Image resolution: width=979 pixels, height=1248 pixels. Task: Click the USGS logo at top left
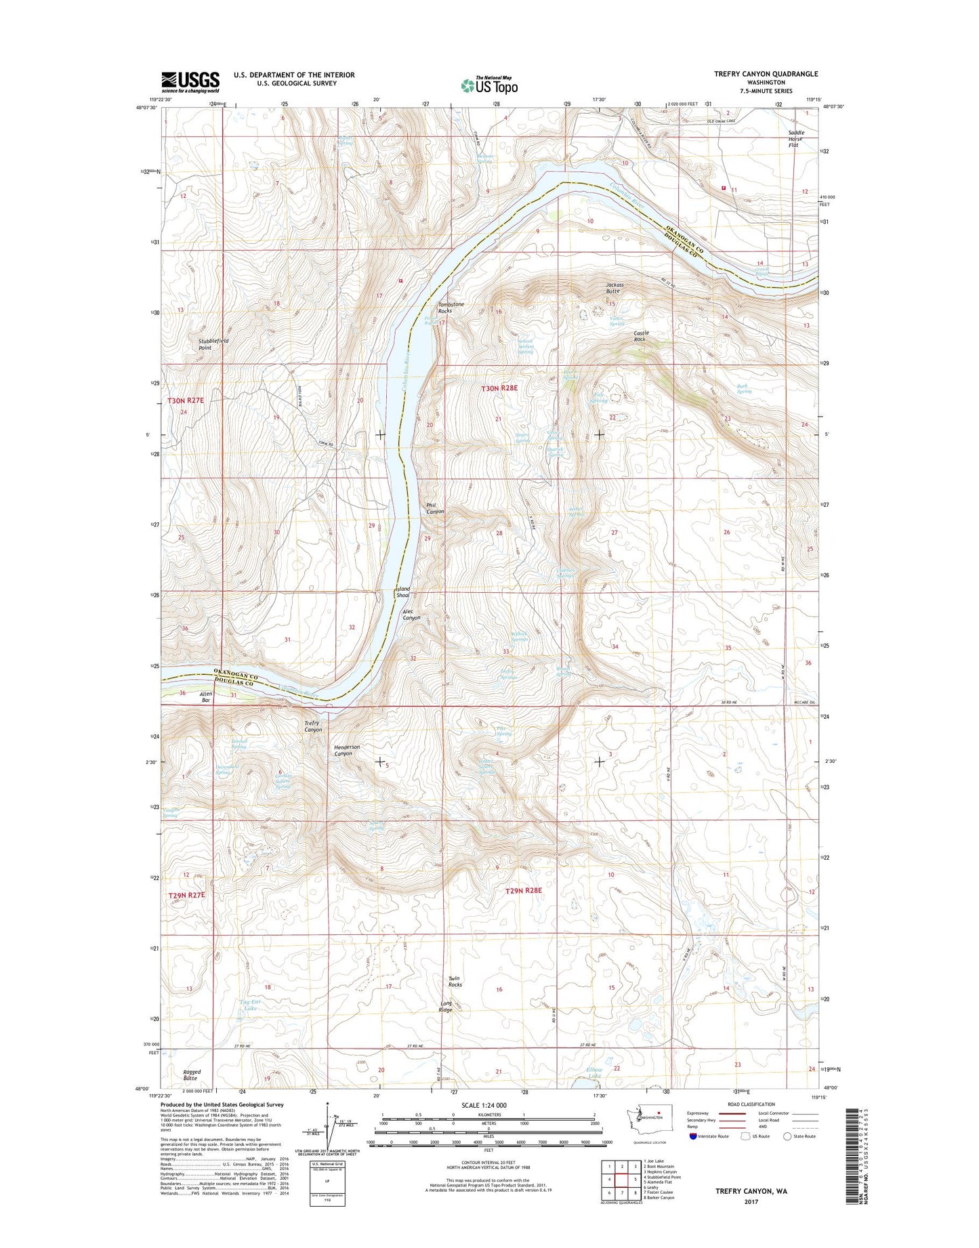(x=190, y=81)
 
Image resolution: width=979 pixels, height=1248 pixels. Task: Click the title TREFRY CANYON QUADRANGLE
(x=766, y=74)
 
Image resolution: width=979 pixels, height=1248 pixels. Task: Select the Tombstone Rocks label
(x=451, y=308)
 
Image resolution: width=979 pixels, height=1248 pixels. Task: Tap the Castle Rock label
(x=641, y=336)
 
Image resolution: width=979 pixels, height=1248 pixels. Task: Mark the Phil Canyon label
(x=435, y=508)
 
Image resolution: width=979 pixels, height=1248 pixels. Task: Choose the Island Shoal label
(x=403, y=592)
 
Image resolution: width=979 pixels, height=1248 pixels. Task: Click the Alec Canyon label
(x=411, y=614)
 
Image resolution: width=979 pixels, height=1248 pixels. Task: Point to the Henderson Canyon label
(x=347, y=750)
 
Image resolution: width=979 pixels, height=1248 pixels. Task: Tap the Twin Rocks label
(x=455, y=981)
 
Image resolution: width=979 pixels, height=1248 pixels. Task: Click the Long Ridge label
(x=446, y=1007)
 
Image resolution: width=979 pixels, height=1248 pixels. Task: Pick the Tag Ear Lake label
(x=250, y=1005)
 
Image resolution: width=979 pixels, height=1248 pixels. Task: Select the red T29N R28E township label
(x=524, y=890)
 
